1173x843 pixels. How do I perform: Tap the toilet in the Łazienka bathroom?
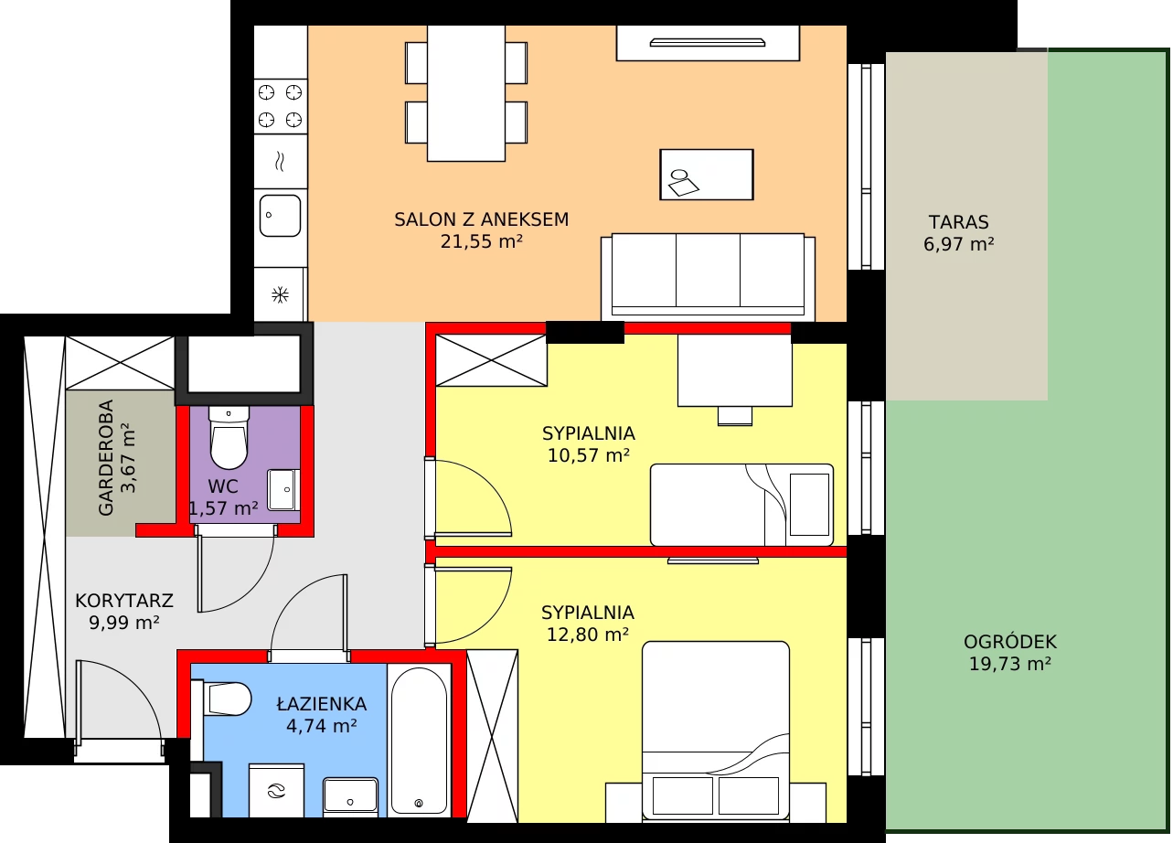223,699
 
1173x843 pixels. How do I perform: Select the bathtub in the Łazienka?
419,741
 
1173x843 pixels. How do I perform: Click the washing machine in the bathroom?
276,791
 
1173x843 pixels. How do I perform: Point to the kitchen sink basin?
280,216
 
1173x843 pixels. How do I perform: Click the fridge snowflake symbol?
281,294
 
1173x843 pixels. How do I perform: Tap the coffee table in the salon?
707,175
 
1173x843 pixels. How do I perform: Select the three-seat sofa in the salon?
708,277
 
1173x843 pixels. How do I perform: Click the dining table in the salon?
466,93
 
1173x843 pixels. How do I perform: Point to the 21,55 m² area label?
482,242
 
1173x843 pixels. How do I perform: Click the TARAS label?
959,222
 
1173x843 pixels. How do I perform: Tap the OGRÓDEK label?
1010,642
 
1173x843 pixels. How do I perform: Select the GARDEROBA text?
106,458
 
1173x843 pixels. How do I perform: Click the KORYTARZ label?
124,601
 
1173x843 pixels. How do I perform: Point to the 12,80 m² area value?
588,635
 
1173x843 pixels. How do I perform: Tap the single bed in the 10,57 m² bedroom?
741,505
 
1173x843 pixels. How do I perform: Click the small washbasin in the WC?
283,490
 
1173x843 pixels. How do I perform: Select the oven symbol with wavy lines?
281,161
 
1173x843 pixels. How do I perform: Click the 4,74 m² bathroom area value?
322,726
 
